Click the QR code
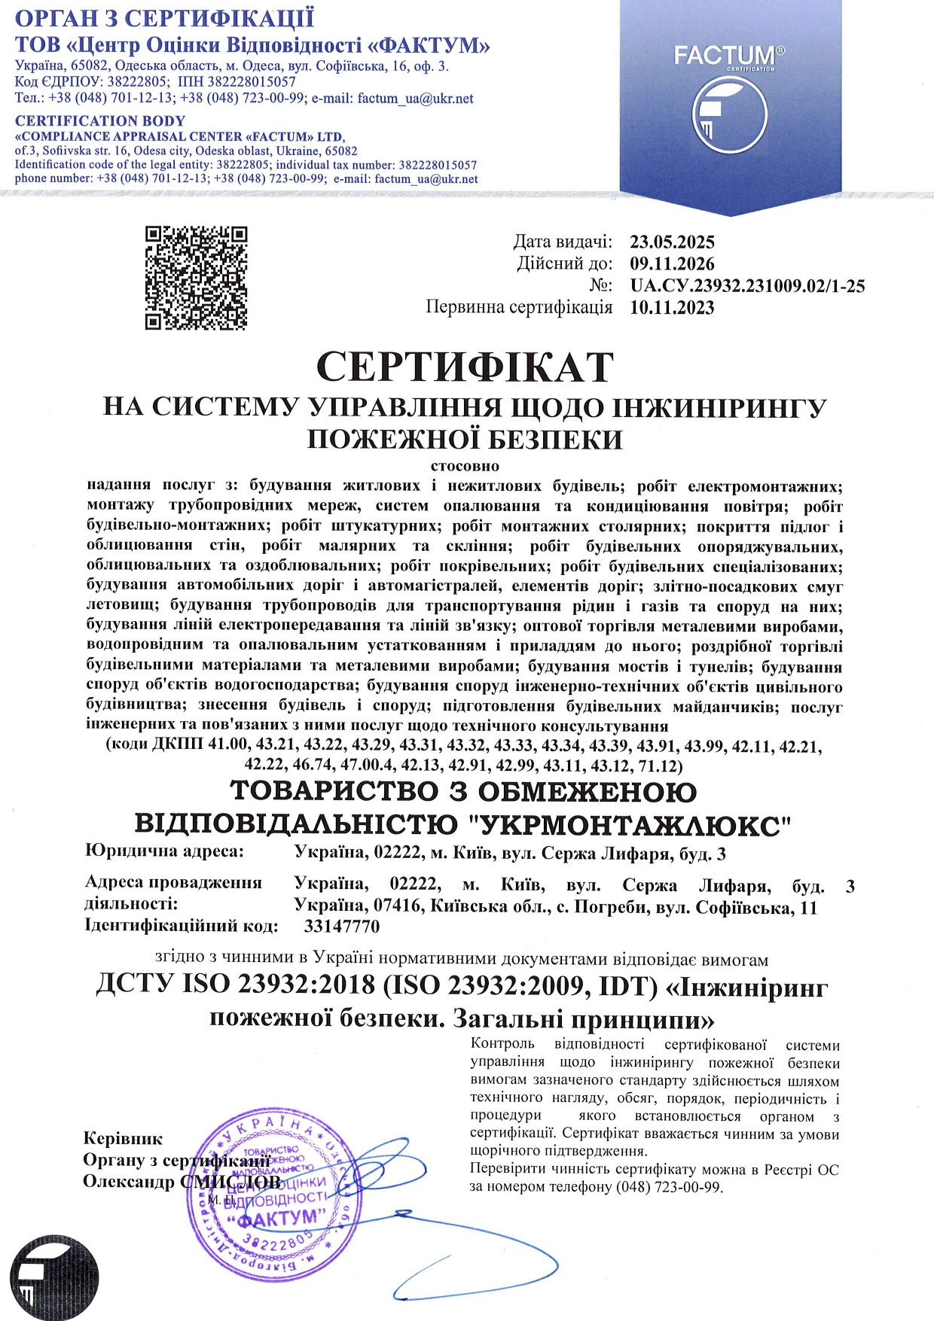pos(196,278)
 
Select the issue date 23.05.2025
pos(672,242)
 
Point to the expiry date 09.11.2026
pos(672,264)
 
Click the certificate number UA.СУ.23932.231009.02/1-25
pos(747,286)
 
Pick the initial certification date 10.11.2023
pos(672,308)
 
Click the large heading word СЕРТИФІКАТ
pos(465,367)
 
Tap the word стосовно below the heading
pos(465,466)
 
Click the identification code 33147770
pos(342,927)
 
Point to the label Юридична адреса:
pos(165,851)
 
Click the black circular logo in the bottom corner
pos(49,1280)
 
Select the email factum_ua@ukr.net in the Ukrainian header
pos(415,99)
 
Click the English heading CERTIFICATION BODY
pos(100,121)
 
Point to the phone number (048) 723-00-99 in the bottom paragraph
pos(668,1187)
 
